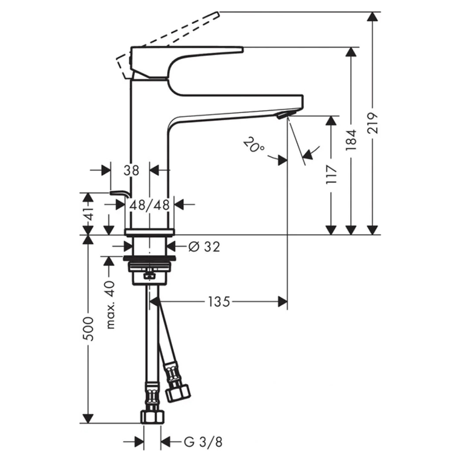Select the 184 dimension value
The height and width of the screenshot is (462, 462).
351,140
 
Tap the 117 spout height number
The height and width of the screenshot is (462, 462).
331,175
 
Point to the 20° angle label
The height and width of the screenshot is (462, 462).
254,144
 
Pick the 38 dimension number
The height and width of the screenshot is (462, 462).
131,170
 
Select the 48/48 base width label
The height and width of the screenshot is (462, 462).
150,205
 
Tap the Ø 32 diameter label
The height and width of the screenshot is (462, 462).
204,247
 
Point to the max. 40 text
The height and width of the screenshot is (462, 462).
110,304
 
